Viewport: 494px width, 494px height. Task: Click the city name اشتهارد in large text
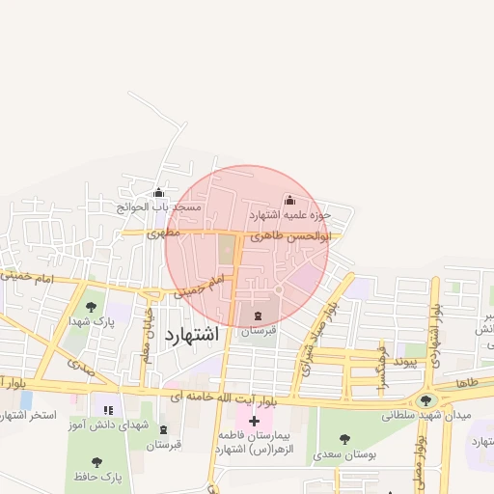click(192, 335)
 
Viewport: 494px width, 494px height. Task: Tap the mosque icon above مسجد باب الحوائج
click(159, 192)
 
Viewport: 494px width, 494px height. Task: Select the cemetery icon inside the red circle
click(258, 316)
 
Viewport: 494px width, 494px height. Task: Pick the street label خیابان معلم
click(148, 325)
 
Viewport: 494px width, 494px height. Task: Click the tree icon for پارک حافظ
click(96, 461)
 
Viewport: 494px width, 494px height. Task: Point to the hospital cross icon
click(255, 421)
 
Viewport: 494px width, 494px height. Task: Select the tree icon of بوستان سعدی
click(344, 439)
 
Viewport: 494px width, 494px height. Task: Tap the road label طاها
click(467, 383)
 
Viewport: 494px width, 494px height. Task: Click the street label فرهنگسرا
click(383, 365)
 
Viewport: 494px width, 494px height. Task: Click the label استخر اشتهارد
click(28, 415)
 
